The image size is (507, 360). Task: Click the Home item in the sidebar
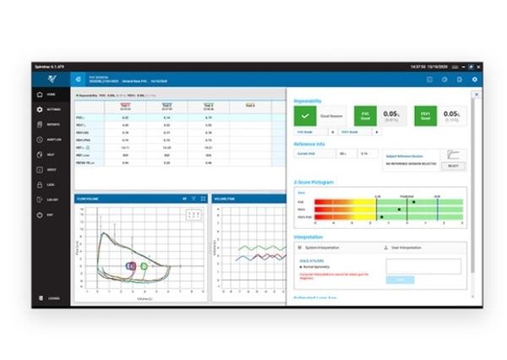click(51, 94)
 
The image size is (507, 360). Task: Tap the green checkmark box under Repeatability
click(304, 116)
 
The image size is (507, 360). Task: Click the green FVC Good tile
click(364, 116)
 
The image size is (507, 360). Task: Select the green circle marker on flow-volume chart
click(144, 266)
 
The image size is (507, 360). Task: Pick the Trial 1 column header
click(125, 106)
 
